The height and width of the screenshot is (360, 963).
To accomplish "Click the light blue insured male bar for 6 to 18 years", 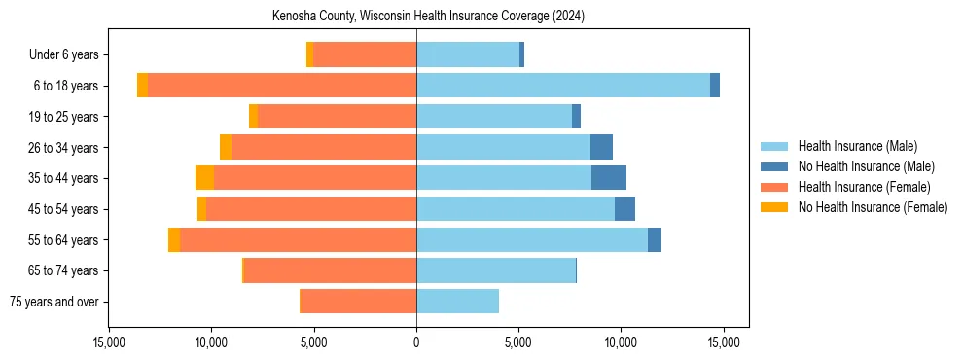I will point(562,86).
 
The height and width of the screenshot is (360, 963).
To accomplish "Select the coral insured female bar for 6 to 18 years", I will point(282,86).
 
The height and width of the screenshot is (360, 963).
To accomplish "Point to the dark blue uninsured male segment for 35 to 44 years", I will point(608,178).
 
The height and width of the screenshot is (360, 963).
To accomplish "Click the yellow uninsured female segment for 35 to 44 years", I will point(204,178).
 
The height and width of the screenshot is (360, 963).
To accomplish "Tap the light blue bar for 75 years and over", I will point(457,302).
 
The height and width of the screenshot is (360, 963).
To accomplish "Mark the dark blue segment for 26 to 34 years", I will point(601,147).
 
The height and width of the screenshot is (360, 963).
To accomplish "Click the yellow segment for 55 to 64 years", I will point(174,239).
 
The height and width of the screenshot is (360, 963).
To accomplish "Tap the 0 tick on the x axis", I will point(416,342).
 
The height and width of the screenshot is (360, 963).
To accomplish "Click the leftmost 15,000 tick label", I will point(109,342).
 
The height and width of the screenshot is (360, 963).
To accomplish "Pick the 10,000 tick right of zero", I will point(621,342).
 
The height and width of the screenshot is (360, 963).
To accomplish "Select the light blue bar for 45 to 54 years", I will point(516,209).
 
